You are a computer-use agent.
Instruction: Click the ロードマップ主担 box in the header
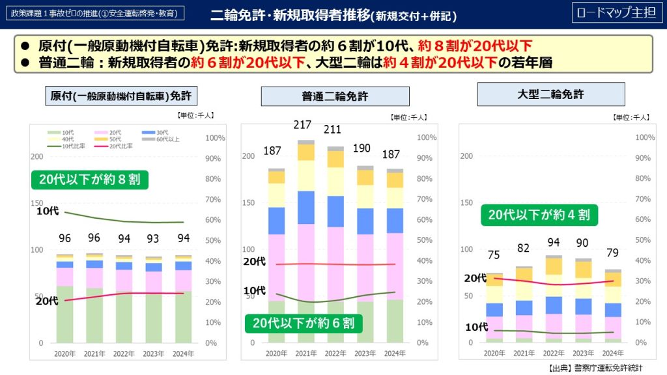coord(616,14)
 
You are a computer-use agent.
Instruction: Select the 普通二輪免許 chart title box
coord(335,96)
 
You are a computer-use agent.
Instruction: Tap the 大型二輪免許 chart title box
coord(550,94)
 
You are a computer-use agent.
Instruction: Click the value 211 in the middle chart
coord(333,129)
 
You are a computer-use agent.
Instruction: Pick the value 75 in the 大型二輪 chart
coord(494,255)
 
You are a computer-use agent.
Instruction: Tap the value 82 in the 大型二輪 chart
coord(522,248)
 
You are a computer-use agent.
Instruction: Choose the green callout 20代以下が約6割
coord(304,323)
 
